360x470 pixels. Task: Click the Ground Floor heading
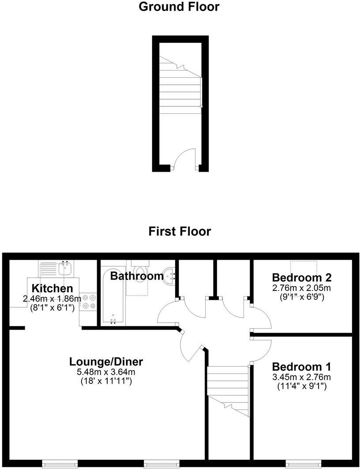[179, 7]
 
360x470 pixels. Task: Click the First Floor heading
[180, 231]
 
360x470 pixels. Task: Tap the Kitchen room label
[52, 289]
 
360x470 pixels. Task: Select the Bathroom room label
[137, 276]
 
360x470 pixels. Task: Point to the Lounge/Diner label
[106, 362]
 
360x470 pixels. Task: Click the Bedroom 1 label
[301, 367]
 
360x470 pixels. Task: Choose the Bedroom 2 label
[302, 278]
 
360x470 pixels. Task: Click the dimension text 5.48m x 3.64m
[106, 372]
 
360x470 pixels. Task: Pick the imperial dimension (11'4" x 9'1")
[301, 386]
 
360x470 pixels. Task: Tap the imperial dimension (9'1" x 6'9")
[302, 297]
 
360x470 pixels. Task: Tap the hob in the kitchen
[89, 302]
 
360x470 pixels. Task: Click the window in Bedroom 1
[303, 463]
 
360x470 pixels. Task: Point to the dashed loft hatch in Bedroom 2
[304, 267]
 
